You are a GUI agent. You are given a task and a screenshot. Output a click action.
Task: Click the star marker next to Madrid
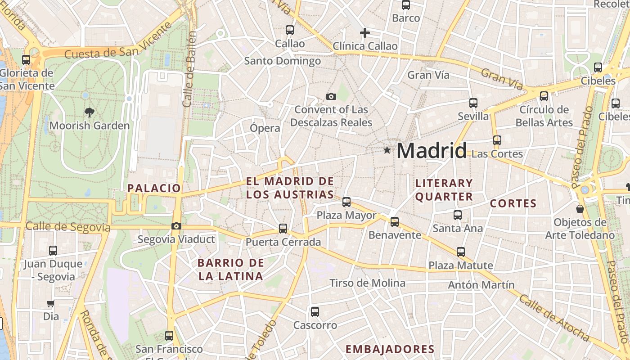coord(387,150)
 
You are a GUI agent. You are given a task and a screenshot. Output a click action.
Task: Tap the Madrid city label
coord(432,150)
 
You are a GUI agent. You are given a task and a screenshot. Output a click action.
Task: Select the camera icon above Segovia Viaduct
coord(176,226)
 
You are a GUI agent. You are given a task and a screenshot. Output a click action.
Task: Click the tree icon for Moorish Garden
coord(90,112)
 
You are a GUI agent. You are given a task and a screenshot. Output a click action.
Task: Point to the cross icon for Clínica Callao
coord(365,33)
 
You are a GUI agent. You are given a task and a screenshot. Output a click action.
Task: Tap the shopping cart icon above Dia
coord(51,304)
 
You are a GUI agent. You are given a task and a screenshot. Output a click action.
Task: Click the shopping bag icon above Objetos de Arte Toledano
coord(580,209)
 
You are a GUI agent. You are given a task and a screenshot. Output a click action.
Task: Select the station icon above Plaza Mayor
coord(346,202)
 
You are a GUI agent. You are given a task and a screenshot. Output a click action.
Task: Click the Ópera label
coord(265,128)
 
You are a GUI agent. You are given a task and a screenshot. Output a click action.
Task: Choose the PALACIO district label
coord(154,188)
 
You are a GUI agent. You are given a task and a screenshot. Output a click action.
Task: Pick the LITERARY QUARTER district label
coord(444,190)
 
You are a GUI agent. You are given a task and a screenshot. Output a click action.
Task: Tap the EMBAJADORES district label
coord(390,349)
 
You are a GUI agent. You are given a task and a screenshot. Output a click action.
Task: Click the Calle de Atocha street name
coord(554,317)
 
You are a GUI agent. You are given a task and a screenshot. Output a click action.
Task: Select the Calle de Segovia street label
coord(68,227)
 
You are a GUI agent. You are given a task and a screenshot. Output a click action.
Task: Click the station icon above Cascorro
coord(315,312)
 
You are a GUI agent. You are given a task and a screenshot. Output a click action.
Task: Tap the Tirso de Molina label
coord(367,283)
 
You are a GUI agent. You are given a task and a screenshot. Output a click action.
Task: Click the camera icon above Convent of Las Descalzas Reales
coord(331,96)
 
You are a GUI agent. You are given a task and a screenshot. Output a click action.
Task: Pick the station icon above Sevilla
coord(473,103)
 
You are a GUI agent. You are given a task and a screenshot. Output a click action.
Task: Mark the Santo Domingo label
coord(282,61)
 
